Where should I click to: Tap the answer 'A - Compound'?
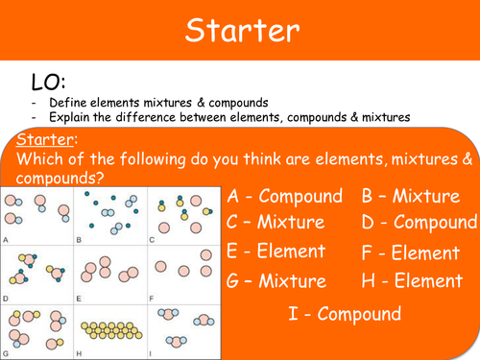285,197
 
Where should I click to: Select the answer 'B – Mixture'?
410,197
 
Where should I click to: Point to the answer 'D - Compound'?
420,224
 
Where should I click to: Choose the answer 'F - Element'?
410,254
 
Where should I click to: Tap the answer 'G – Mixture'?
276,282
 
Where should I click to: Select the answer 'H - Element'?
410,282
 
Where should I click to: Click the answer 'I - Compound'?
345,314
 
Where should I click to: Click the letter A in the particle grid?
7,239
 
